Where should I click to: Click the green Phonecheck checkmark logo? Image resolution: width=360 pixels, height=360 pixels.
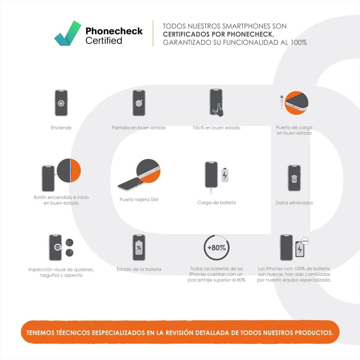click(x=68, y=33)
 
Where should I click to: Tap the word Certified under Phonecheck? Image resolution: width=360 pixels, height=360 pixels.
click(x=104, y=41)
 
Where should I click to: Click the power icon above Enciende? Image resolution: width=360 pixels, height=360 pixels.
click(x=61, y=103)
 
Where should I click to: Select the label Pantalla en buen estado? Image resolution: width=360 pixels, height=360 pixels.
click(x=139, y=128)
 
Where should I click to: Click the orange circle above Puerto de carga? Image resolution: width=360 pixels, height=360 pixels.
click(x=296, y=103)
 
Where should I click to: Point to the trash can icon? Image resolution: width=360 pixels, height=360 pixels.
click(x=294, y=179)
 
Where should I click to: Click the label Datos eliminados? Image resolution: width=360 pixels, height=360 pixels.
click(x=294, y=203)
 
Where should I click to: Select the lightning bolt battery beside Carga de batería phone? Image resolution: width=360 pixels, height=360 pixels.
click(x=225, y=175)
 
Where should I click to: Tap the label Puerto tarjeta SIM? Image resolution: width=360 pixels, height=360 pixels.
click(x=139, y=199)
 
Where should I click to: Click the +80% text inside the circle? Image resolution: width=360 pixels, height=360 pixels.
click(x=216, y=248)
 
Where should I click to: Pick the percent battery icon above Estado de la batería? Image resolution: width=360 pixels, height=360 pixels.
click(x=139, y=248)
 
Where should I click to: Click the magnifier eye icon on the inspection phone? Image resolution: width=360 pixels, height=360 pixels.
click(x=58, y=247)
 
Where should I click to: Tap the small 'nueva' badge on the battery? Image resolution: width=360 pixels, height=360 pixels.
click(x=305, y=241)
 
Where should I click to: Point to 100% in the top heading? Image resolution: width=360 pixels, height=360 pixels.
click(x=299, y=42)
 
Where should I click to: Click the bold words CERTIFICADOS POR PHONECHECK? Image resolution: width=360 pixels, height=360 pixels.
click(x=219, y=34)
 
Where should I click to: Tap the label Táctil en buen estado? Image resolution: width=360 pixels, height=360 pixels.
click(x=216, y=128)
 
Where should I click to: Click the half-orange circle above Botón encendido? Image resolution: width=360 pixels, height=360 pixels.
click(x=69, y=170)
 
